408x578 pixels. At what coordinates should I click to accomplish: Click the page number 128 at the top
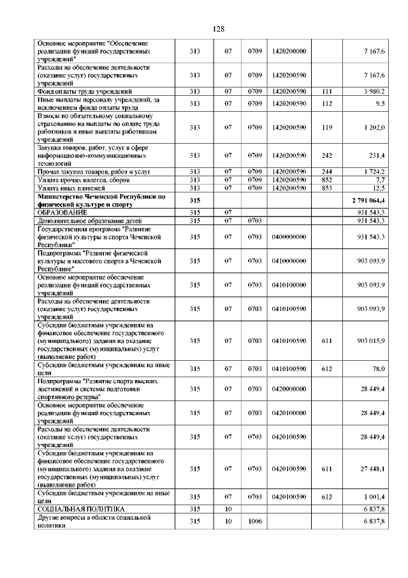(217, 29)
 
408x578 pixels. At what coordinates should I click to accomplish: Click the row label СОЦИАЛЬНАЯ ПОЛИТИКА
(80, 509)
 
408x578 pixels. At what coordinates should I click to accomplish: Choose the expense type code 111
(328, 91)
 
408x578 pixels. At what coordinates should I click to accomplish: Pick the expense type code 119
(328, 128)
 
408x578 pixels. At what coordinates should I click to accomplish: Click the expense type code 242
(328, 155)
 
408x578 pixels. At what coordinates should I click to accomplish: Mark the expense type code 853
(328, 187)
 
